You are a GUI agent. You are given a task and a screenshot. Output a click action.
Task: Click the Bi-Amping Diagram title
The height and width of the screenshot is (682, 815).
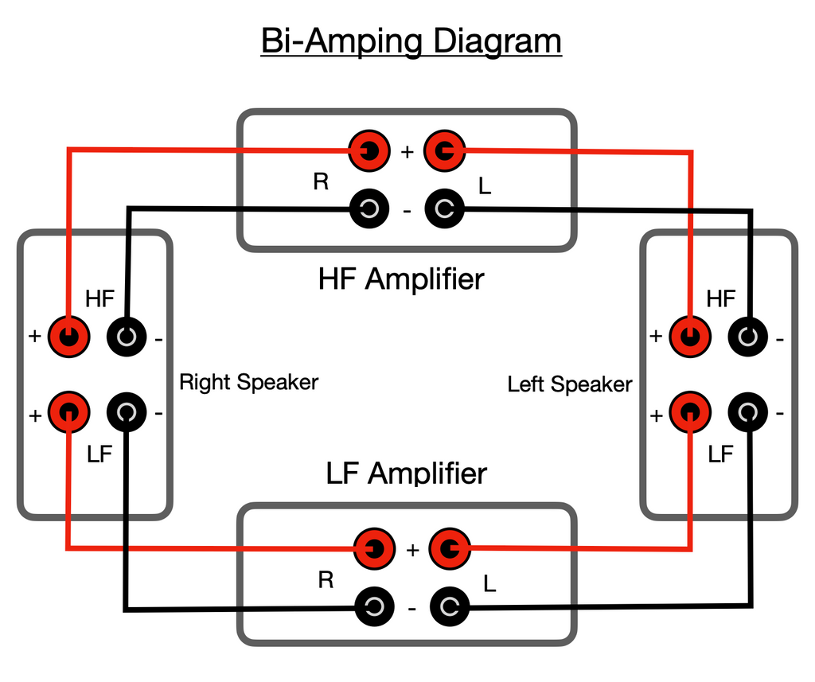point(411,41)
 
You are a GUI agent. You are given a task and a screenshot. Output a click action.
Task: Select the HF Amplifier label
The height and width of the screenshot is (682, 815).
point(400,279)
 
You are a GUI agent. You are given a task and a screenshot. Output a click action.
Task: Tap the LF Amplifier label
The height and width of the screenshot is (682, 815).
point(406,474)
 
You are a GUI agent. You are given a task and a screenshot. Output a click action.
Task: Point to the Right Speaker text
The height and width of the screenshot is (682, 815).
point(248,382)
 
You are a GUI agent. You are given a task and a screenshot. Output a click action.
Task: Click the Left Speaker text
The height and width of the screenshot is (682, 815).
point(570,384)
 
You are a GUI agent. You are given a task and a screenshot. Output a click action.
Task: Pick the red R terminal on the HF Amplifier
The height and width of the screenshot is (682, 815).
point(370,150)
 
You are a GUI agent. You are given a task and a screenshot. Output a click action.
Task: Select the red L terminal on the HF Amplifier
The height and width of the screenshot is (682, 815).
point(444,150)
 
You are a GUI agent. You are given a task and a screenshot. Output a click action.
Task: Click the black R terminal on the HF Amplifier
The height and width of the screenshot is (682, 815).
point(370,209)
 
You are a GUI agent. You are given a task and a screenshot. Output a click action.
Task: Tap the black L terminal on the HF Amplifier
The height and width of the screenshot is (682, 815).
point(444,209)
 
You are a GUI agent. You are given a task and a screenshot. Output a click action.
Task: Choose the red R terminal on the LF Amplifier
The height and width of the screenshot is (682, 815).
point(374,548)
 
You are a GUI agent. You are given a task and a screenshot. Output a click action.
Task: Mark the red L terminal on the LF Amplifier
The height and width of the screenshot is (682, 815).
point(450,548)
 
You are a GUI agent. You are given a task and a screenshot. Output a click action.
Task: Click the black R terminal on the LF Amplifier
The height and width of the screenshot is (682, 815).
point(374,608)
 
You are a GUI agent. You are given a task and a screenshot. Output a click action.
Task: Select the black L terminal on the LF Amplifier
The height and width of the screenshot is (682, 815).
point(450,608)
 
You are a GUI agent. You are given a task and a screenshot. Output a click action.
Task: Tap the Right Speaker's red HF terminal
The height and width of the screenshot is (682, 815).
point(68,337)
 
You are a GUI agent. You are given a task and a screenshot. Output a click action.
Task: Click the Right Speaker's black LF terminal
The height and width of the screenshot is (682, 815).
point(127,412)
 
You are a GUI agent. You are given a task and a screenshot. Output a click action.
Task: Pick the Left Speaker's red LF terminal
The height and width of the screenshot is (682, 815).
point(689,412)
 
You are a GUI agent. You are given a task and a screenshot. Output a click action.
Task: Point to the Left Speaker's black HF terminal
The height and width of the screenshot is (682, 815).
point(747,337)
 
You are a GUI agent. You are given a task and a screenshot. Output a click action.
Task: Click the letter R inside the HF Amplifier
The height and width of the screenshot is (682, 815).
point(321,182)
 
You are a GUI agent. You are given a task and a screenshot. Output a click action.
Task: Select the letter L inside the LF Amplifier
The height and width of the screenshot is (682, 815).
point(489,584)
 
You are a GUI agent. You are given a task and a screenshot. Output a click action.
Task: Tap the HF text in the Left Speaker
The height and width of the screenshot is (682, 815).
point(721,299)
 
